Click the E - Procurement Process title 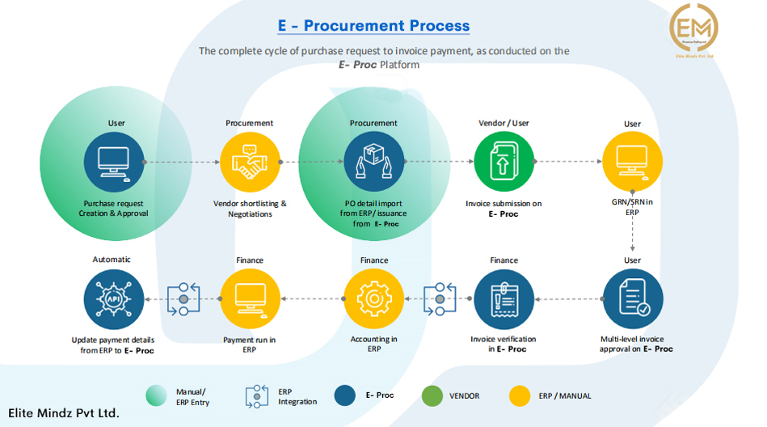click(373, 26)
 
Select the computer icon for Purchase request click(114, 162)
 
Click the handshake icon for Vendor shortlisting click(250, 162)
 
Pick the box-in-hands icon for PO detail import click(373, 162)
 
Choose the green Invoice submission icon click(504, 162)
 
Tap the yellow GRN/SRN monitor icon click(632, 162)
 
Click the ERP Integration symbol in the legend click(257, 396)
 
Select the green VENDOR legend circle click(432, 395)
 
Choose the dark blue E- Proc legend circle click(346, 395)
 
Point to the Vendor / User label click(504, 123)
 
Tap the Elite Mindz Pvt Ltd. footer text click(65, 413)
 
